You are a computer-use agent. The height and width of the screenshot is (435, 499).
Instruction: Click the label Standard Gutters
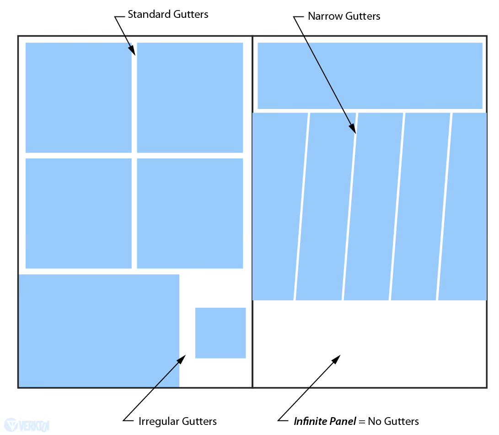168,14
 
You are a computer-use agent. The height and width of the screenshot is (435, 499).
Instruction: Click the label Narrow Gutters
344,16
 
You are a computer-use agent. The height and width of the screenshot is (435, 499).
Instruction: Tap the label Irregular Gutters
177,421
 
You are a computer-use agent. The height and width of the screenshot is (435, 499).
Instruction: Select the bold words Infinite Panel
325,421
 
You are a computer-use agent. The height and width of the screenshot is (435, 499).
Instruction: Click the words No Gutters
393,421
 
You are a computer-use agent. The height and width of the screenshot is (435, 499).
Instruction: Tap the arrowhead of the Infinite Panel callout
337,358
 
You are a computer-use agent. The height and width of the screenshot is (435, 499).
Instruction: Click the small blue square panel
220,333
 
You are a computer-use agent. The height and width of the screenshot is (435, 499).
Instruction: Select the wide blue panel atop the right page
370,76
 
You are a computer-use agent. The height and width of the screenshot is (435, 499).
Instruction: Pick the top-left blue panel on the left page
78,98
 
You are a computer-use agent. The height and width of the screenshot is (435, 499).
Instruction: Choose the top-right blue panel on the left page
190,98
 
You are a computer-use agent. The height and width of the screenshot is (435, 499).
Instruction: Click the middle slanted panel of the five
373,206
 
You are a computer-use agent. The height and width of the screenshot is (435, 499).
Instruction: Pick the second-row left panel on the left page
78,213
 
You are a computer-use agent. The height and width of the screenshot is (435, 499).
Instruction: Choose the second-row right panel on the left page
190,213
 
